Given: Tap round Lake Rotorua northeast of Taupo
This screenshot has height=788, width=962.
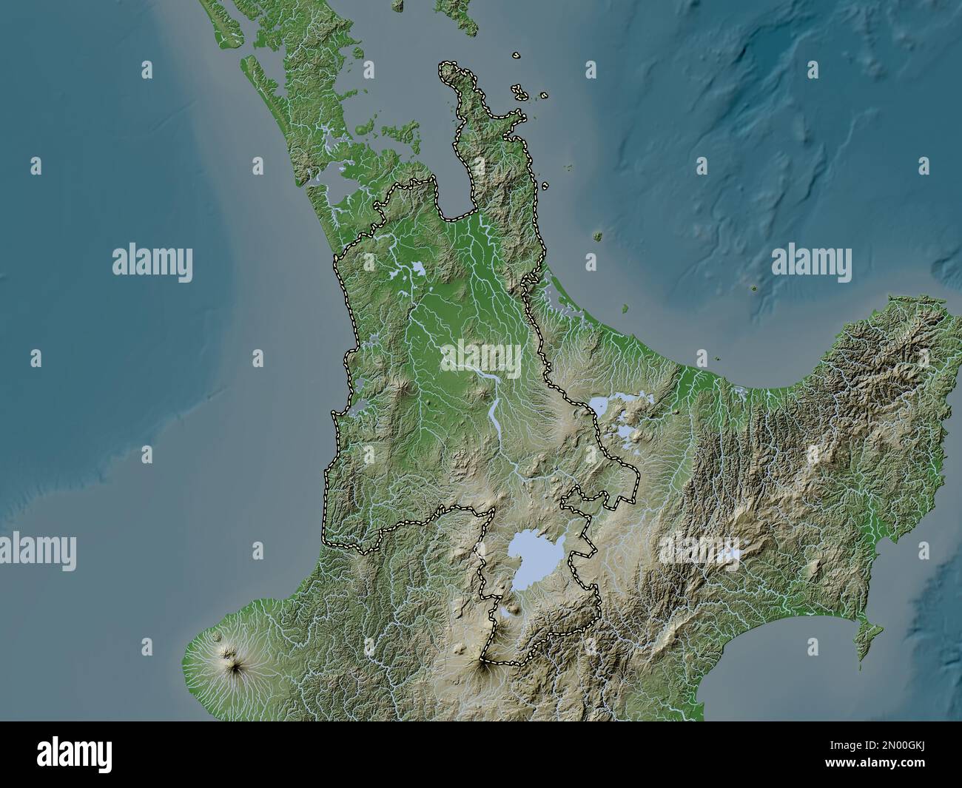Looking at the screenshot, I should click(x=601, y=405).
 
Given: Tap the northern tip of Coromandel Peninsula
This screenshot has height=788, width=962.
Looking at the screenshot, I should click(x=448, y=68).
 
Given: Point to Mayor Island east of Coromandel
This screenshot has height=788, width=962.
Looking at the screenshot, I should click(x=596, y=237).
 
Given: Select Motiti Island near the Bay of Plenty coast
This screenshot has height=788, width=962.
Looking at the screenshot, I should click(x=625, y=307).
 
